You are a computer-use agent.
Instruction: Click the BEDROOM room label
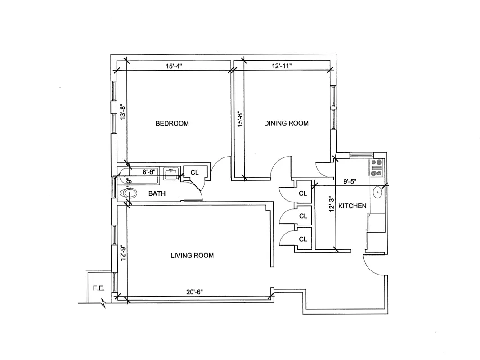click(172, 123)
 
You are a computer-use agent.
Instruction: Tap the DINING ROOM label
click(286, 123)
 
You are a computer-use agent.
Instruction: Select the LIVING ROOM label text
click(192, 255)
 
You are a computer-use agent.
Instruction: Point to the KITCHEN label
click(352, 206)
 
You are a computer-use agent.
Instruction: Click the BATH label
click(157, 193)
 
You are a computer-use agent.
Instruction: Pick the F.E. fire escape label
click(99, 288)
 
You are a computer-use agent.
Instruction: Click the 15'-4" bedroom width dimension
click(174, 66)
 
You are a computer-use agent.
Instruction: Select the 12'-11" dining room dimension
click(282, 66)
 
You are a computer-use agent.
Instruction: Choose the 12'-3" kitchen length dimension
click(332, 204)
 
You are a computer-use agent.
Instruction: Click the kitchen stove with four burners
click(377, 167)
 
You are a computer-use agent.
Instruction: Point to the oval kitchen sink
click(377, 193)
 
